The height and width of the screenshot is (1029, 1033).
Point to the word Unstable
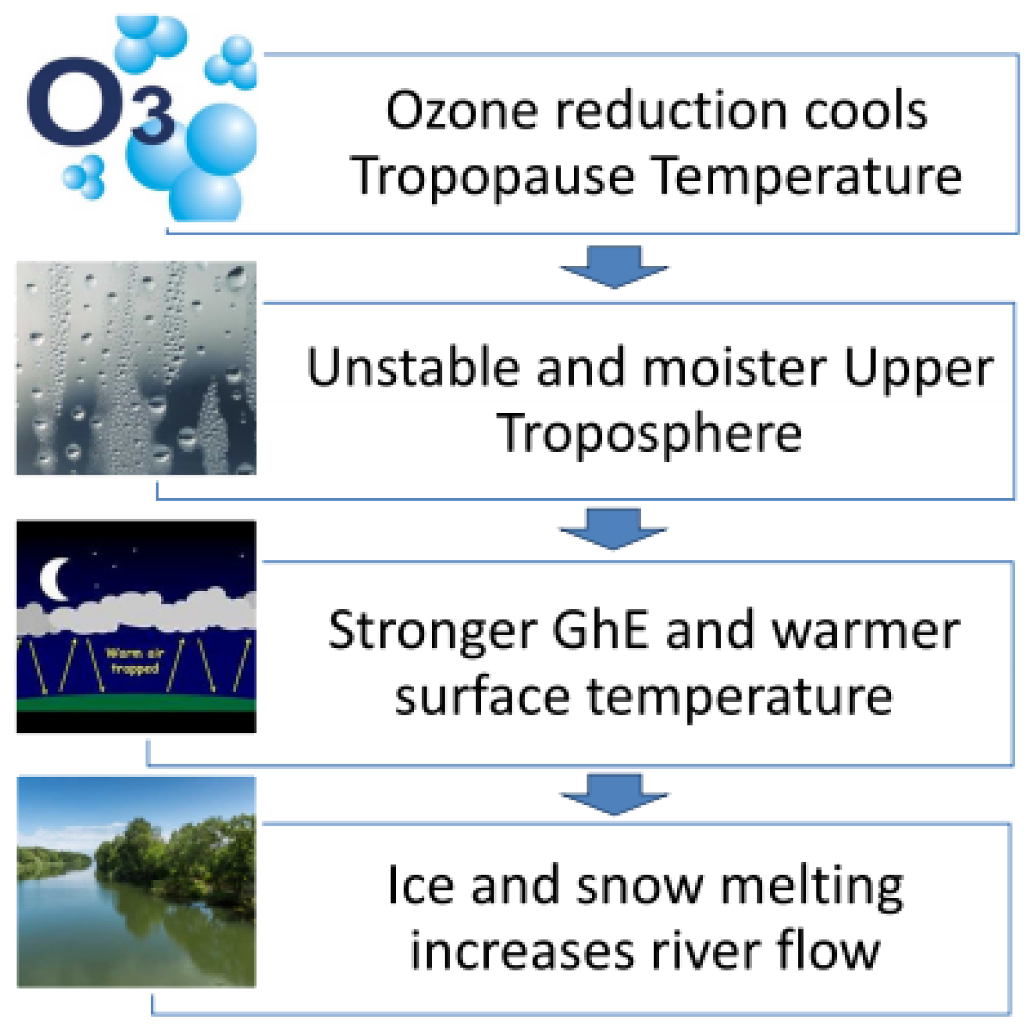click(413, 367)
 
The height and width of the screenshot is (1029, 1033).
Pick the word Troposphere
click(649, 434)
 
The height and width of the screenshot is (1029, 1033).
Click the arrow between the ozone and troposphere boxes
click(614, 267)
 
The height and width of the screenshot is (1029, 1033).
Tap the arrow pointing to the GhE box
click(614, 529)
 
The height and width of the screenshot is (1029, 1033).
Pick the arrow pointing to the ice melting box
click(614, 794)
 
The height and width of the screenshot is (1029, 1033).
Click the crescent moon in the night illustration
click(53, 579)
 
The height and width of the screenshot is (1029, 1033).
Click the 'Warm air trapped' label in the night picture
click(134, 661)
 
